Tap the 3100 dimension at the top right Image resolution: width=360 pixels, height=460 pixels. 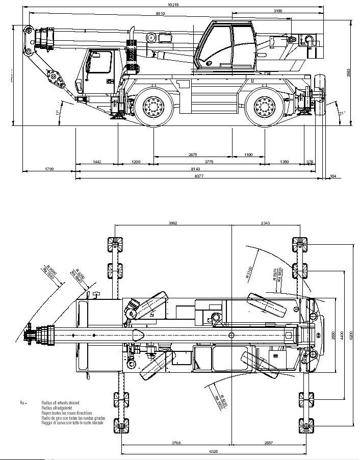pos(278,10)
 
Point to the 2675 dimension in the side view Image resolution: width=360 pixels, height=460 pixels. pos(193,155)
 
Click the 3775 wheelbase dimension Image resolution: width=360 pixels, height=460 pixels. pos(209,162)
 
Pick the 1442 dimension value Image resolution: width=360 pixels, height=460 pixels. pos(97,162)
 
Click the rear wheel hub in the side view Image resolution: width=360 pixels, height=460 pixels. pos(264,107)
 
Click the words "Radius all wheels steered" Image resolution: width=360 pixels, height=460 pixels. pos(60,403)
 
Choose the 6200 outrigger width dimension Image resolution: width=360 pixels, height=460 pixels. pos(350,337)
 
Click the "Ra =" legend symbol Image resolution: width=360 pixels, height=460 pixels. pos(22,403)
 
